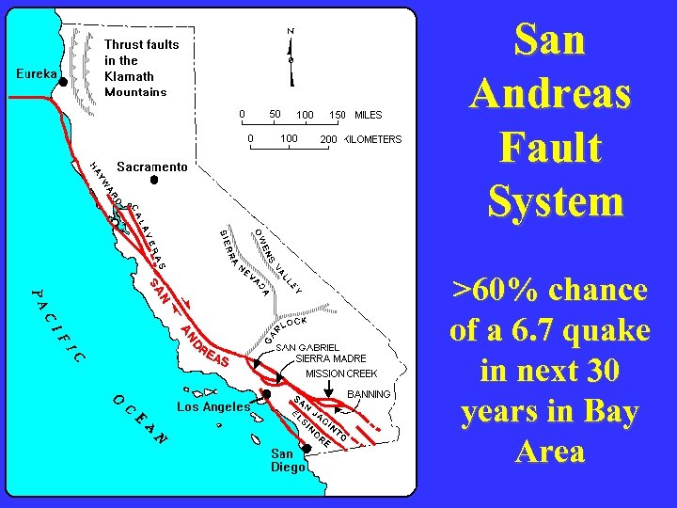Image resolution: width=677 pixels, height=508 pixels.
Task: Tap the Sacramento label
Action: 152,167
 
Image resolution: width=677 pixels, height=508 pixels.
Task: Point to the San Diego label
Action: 288,460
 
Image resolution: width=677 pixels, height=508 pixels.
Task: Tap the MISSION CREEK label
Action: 341,373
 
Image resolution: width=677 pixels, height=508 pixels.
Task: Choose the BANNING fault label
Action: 369,393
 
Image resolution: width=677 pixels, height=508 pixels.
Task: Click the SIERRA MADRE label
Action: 330,358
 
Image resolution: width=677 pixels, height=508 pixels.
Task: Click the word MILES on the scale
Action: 368,115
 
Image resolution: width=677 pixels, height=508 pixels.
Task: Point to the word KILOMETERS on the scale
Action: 373,139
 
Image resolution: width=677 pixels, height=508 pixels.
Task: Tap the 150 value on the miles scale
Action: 337,115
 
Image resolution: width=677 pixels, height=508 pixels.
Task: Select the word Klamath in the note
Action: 130,76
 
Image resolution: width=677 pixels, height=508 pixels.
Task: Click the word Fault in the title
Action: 550,148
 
